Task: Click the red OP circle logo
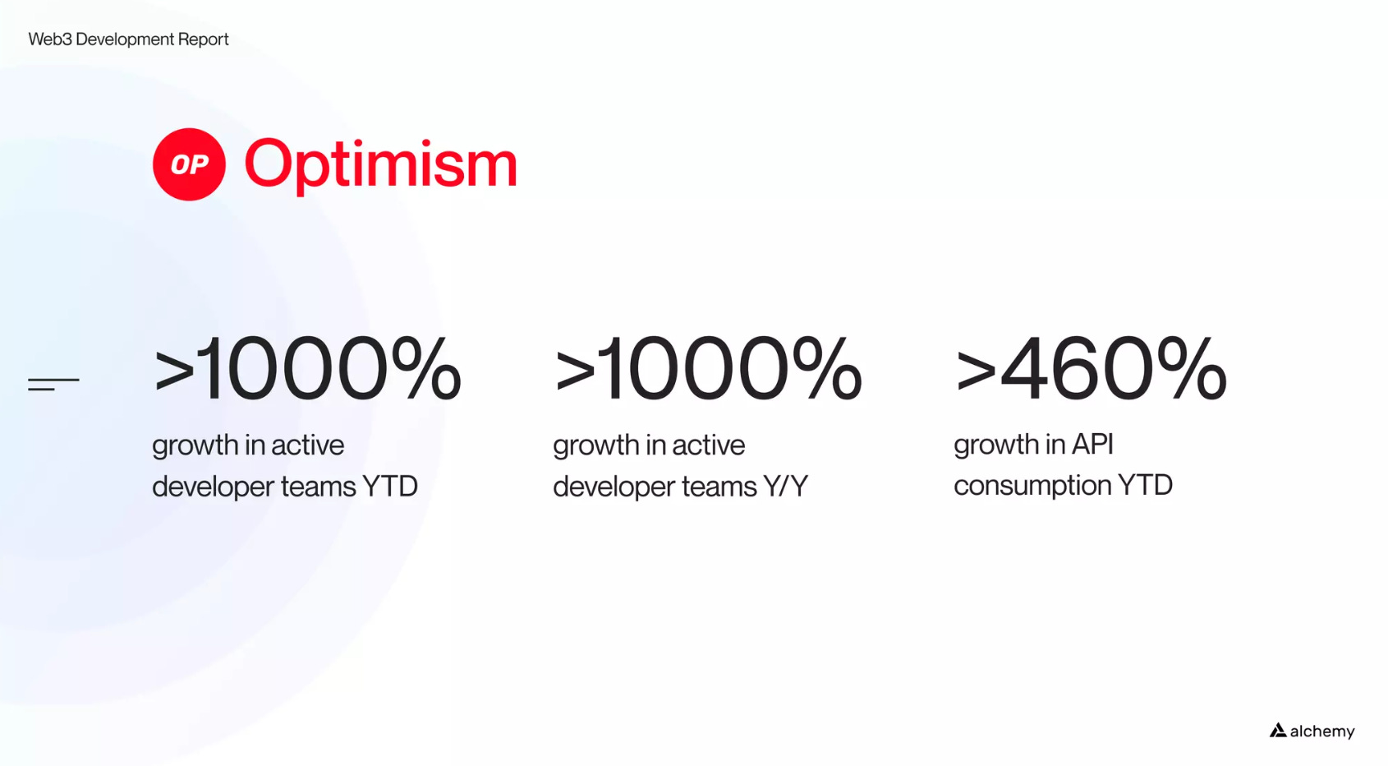tap(189, 164)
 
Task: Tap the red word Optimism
tap(380, 165)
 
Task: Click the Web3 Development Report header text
tap(128, 39)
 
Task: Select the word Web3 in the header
tap(50, 39)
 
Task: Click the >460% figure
tap(1091, 368)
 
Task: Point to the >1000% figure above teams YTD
tap(306, 368)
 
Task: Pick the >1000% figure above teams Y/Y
tap(708, 368)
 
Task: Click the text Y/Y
tap(785, 486)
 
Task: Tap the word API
tap(1093, 444)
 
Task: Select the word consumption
tap(1031, 486)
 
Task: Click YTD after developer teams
tap(390, 486)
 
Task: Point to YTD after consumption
tap(1145, 484)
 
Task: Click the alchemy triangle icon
tap(1277, 730)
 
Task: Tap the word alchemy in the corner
tap(1322, 731)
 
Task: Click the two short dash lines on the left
tap(53, 384)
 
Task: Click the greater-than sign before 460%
tap(976, 371)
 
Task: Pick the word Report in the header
tap(203, 39)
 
